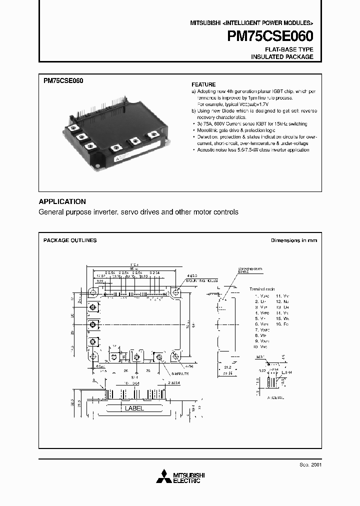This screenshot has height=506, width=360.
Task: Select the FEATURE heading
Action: point(203,84)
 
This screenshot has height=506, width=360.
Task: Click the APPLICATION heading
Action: point(62,201)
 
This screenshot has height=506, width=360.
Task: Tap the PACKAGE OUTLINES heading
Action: point(70,240)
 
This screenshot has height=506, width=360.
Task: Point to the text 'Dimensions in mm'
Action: point(294,240)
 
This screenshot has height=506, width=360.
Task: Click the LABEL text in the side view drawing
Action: point(134,408)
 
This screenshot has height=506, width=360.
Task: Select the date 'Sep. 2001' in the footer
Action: point(311,464)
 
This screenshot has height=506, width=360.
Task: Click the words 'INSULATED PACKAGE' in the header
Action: point(282,57)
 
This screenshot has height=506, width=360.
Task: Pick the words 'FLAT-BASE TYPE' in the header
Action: point(289,49)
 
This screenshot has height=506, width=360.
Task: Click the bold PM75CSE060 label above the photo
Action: point(63,80)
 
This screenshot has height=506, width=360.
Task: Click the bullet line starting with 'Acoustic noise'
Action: point(246,149)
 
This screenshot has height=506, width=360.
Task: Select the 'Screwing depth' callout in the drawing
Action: point(243,269)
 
